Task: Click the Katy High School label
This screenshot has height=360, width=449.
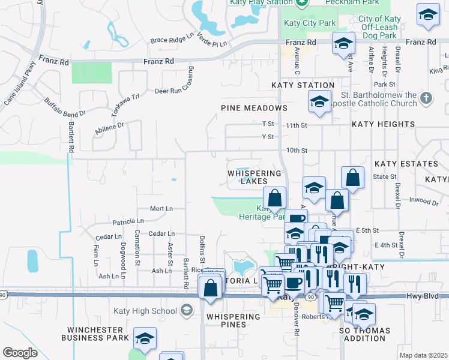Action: click(x=145, y=311)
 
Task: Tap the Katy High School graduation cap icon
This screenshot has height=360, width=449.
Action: click(x=186, y=310)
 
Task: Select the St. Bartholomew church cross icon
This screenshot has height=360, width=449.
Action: click(x=426, y=98)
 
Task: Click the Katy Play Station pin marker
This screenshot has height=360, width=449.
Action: click(x=302, y=2)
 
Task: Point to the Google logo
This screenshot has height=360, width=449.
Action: click(x=20, y=353)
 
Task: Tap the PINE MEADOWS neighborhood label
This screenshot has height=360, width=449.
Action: click(x=254, y=108)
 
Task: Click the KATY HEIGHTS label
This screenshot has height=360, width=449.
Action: click(x=383, y=124)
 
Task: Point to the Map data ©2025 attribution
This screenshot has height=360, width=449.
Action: click(x=423, y=355)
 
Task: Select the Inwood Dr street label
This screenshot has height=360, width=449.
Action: click(x=423, y=201)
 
